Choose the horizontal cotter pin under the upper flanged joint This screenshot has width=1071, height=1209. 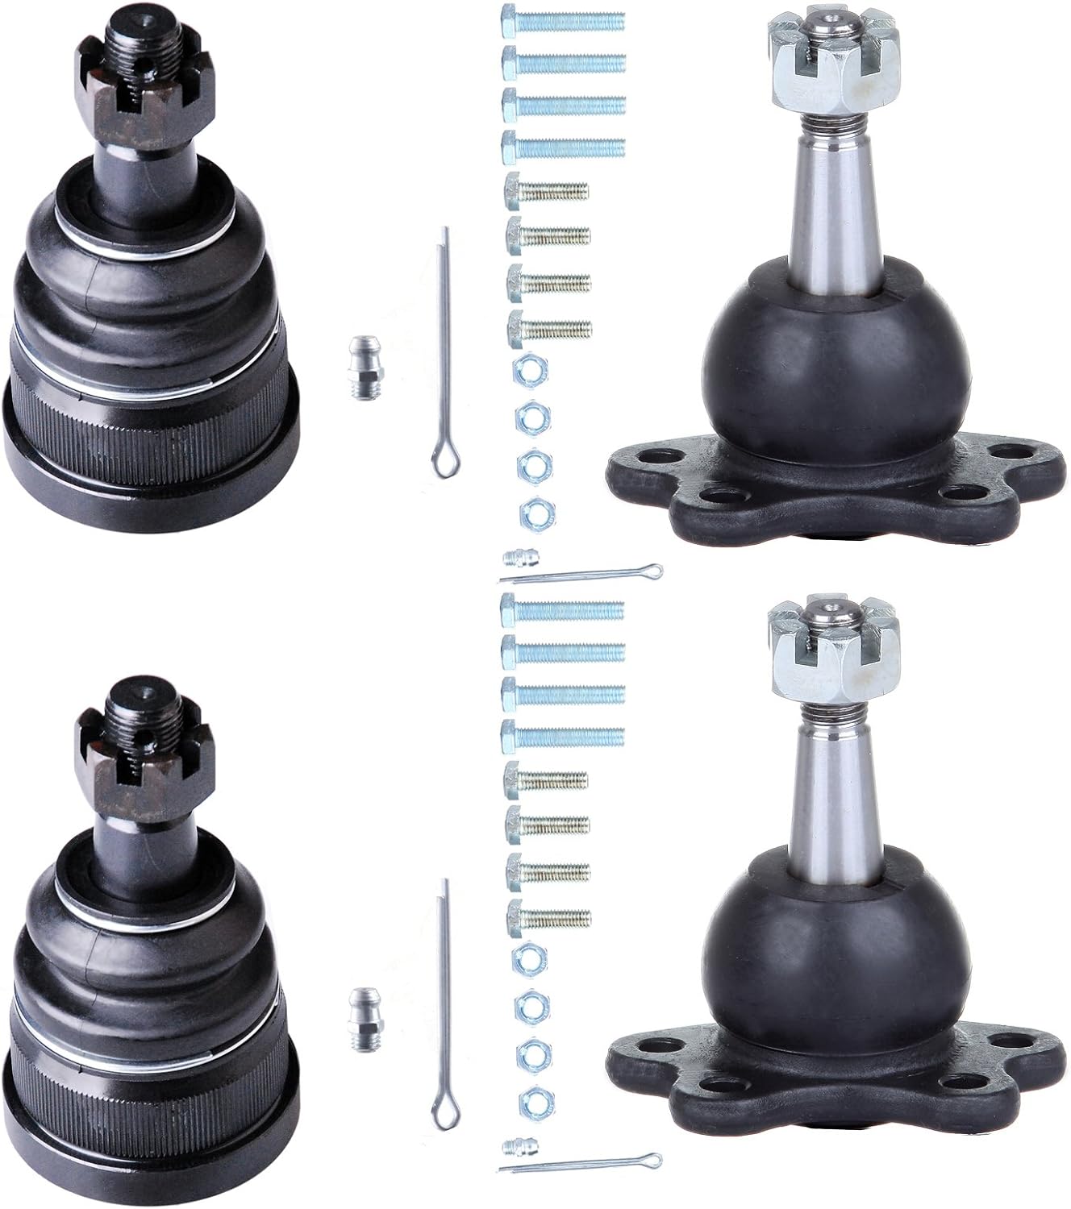(x=581, y=575)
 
